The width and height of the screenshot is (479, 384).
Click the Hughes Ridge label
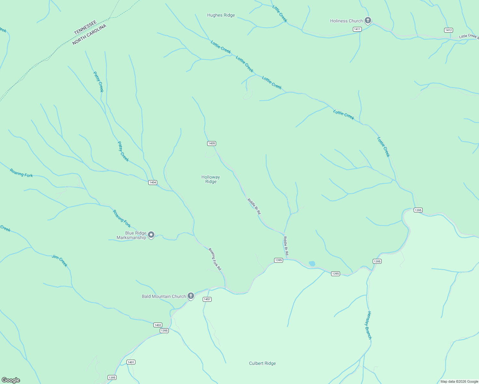[221, 15]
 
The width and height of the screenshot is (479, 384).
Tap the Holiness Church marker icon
[368, 21]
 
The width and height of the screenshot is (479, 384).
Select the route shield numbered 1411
[357, 29]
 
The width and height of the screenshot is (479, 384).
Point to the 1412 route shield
[448, 30]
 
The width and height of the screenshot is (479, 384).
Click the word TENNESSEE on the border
[85, 28]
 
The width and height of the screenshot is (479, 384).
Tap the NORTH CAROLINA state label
[89, 35]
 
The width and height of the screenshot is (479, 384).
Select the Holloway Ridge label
[211, 179]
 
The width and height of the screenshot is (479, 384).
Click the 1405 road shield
[211, 143]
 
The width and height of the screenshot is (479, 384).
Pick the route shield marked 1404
[153, 182]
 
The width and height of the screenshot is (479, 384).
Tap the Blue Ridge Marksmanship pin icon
[151, 235]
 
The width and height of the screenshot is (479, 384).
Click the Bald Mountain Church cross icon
[191, 296]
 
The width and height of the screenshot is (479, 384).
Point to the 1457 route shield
[207, 299]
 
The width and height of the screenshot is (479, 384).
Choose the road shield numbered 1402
[158, 325]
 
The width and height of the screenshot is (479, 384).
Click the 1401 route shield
[131, 362]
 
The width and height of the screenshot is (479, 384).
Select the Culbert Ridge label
[262, 363]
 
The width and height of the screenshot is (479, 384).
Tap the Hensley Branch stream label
[369, 325]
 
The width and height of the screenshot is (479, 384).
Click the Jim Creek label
[60, 260]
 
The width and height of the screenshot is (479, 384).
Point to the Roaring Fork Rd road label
[215, 259]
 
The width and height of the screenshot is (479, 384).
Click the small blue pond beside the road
[312, 264]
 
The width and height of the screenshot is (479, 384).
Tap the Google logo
[11, 380]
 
